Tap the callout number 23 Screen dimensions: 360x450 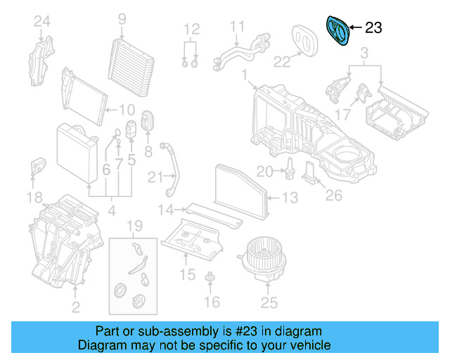click(x=373, y=28)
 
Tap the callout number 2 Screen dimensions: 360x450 click(x=75, y=306)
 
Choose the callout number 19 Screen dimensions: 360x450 click(x=135, y=226)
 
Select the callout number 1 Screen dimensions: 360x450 click(x=243, y=74)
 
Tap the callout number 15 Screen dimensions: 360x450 click(x=188, y=275)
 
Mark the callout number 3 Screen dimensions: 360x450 click(x=364, y=53)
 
